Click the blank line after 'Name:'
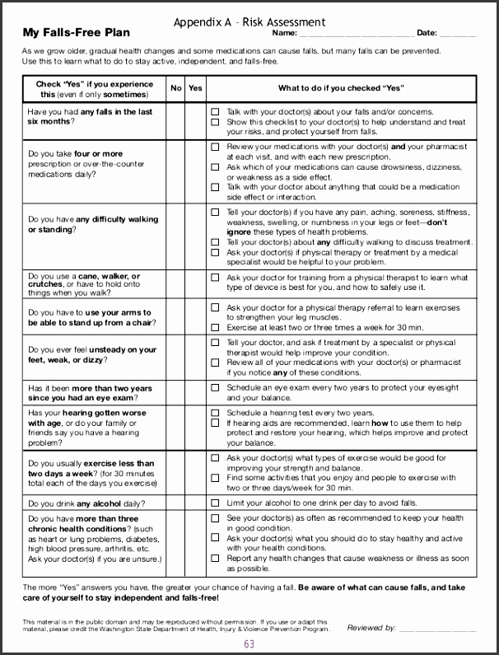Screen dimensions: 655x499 click(x=356, y=35)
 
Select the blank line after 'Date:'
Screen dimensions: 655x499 click(x=458, y=35)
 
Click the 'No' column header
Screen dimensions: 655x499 click(x=176, y=88)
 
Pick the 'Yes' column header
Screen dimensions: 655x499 click(x=195, y=88)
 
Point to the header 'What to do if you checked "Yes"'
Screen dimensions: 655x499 click(x=340, y=88)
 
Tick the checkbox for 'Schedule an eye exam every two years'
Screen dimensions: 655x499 click(x=215, y=388)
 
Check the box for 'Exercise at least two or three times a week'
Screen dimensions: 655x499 click(x=215, y=328)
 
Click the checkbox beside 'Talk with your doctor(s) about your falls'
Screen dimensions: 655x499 click(x=215, y=112)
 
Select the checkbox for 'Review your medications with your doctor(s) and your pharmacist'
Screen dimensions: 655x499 click(x=215, y=147)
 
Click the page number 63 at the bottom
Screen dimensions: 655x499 click(x=249, y=644)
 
